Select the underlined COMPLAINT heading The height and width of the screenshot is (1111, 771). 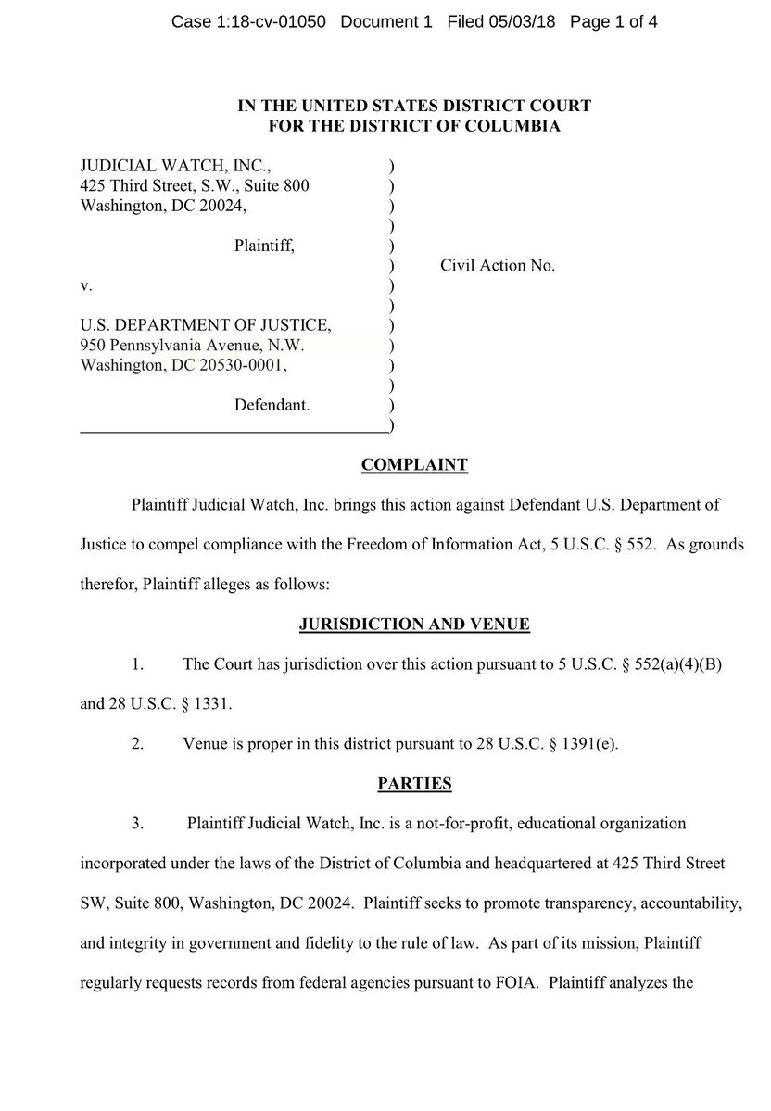(x=413, y=465)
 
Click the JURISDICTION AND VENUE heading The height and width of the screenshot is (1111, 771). (x=414, y=625)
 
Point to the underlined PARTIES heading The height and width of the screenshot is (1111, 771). (x=414, y=784)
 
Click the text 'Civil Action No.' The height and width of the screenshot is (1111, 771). (x=498, y=266)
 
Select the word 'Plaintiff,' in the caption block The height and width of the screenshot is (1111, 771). (x=264, y=246)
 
